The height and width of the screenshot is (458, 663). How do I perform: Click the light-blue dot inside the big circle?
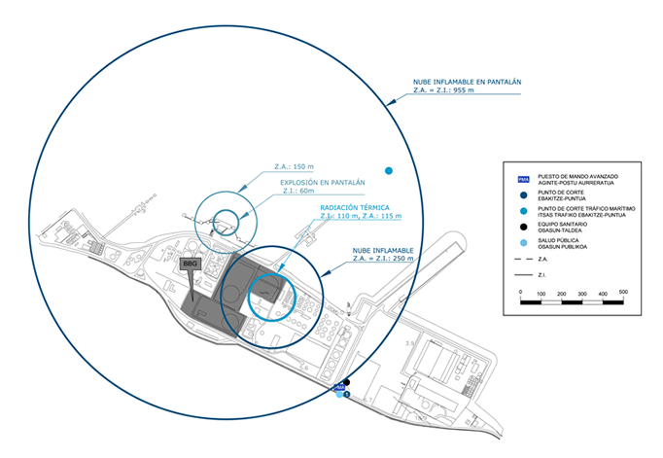pyautogui.click(x=389, y=171)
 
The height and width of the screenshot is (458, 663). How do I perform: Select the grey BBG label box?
pyautogui.click(x=190, y=264)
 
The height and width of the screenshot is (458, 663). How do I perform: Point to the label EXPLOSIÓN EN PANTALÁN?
pyautogui.click(x=322, y=182)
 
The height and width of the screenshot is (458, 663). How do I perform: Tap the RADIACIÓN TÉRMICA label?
pyautogui.click(x=355, y=208)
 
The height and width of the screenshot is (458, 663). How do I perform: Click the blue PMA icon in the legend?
pyautogui.click(x=523, y=179)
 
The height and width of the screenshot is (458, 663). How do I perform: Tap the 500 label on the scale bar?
pyautogui.click(x=623, y=292)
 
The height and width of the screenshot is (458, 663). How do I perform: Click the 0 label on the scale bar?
pyautogui.click(x=521, y=292)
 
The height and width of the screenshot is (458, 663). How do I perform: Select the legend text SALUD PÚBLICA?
pyautogui.click(x=564, y=242)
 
